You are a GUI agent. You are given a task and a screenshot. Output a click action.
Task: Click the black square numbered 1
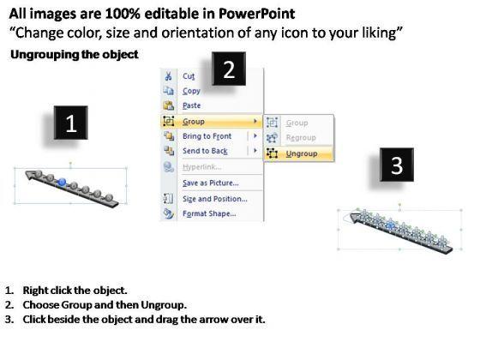pyautogui.click(x=70, y=123)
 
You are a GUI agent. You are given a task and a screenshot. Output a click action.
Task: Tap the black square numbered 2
pyautogui.click(x=229, y=69)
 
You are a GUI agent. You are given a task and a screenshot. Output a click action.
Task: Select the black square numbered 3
pyautogui.click(x=397, y=165)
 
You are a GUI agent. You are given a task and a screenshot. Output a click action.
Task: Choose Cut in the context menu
pyautogui.click(x=189, y=76)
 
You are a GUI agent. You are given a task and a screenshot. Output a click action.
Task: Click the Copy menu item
pyautogui.click(x=191, y=91)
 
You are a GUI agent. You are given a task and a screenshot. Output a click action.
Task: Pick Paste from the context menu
pyautogui.click(x=192, y=105)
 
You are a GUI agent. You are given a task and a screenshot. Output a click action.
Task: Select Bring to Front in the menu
pyautogui.click(x=207, y=136)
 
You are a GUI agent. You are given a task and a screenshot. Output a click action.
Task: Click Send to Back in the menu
pyautogui.click(x=205, y=151)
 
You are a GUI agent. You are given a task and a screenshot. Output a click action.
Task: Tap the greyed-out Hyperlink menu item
pyautogui.click(x=201, y=167)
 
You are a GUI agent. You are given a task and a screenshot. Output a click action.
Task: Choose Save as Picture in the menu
pyautogui.click(x=211, y=183)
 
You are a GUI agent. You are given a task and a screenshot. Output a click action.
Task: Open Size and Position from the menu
pyautogui.click(x=215, y=199)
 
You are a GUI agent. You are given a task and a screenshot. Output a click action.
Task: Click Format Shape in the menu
pyautogui.click(x=209, y=213)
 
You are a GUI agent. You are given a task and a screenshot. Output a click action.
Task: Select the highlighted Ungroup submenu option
pyautogui.click(x=302, y=153)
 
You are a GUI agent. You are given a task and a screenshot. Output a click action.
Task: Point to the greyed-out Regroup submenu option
pyautogui.click(x=301, y=138)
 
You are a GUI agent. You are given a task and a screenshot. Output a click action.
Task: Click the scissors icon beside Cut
pyautogui.click(x=168, y=76)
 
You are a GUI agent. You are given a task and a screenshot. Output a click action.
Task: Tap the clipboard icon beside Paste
pyautogui.click(x=168, y=105)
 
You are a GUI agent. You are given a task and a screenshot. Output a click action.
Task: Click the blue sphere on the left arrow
pyautogui.click(x=62, y=182)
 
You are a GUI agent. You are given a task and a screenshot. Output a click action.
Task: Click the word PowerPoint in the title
pyautogui.click(x=256, y=14)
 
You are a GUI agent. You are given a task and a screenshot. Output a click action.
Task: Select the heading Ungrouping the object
pyautogui.click(x=75, y=55)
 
